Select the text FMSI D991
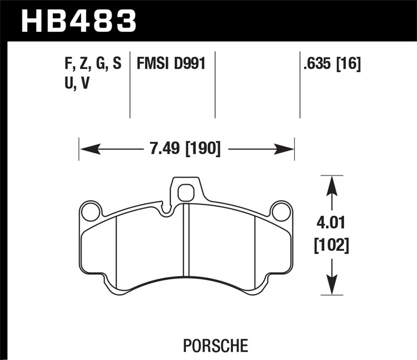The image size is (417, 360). click(170, 65)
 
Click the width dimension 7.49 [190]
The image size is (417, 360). click(185, 150)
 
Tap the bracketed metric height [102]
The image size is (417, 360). click(331, 246)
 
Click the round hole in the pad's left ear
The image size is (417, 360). click(91, 211)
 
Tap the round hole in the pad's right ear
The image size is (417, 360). click(281, 211)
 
